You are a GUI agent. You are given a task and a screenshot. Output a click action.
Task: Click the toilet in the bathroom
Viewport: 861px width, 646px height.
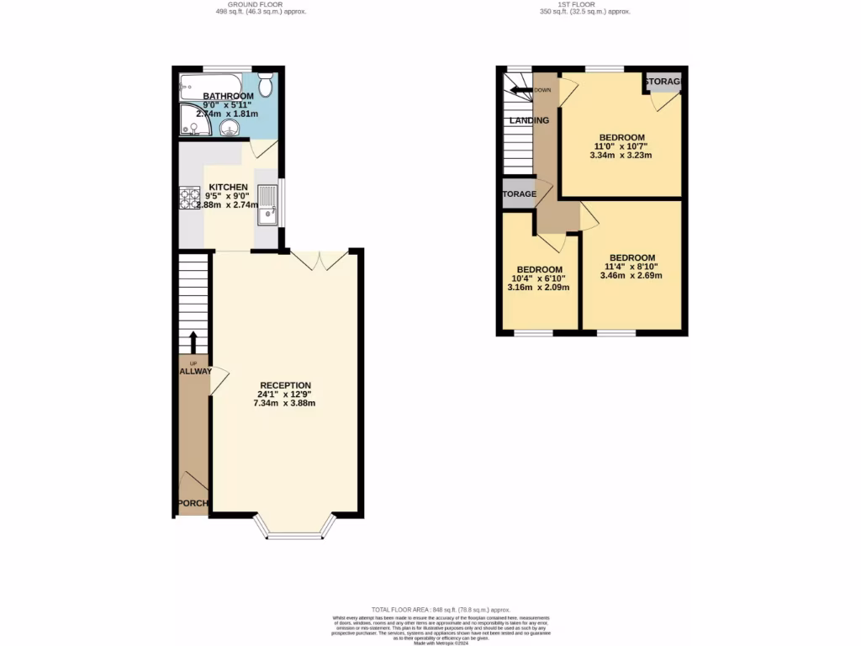click(x=266, y=84)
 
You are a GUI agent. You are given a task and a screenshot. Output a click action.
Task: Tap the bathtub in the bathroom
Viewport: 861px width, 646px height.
click(x=210, y=85)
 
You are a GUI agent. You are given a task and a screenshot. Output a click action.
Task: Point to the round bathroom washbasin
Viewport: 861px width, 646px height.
click(x=230, y=128)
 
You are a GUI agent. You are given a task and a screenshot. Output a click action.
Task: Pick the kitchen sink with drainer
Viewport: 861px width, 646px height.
click(x=267, y=203)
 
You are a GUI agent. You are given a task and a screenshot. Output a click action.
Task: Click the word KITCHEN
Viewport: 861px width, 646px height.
click(x=228, y=187)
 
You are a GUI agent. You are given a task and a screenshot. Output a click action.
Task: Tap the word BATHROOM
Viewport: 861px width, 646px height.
click(x=206, y=97)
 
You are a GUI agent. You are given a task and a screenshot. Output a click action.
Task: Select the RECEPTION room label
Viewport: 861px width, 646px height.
click(x=285, y=385)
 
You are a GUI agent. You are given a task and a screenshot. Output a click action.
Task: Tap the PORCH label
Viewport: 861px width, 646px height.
click(x=193, y=504)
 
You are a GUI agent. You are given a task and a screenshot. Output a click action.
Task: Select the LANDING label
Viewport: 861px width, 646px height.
click(x=529, y=120)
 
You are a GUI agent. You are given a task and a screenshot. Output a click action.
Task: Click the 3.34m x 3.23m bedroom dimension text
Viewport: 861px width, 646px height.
click(x=621, y=155)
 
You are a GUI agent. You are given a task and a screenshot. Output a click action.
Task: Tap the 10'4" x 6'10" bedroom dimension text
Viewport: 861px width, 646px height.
click(x=538, y=278)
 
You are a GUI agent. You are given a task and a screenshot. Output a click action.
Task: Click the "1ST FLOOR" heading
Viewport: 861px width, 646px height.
click(x=585, y=3)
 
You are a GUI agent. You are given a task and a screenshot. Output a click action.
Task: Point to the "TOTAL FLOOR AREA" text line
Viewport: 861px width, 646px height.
click(x=441, y=609)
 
